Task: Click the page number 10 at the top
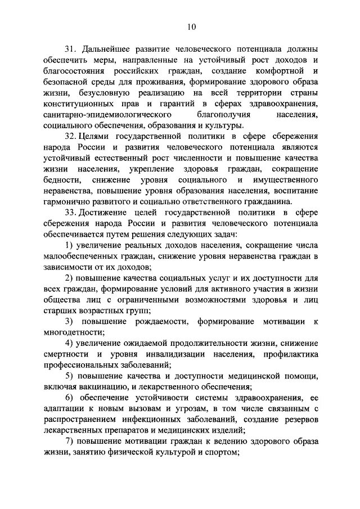click(x=192, y=26)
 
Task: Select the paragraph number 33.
click(x=69, y=213)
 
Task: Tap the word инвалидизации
click(x=175, y=355)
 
